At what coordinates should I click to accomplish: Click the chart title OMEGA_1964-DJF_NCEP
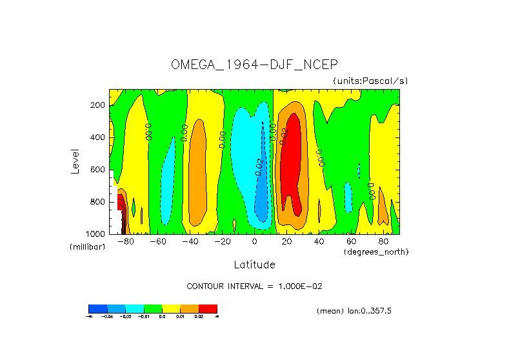pos(254,65)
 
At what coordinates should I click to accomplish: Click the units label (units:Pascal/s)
pos(370,81)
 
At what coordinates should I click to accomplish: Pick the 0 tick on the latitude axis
pos(255,241)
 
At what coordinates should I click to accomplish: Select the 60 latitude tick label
pos(352,241)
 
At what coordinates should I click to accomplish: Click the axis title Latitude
pos(254,265)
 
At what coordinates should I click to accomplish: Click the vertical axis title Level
pos(76,161)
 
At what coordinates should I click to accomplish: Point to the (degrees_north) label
pos(376,251)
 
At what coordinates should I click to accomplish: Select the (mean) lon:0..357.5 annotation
pos(354,310)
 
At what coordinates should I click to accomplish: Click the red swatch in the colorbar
pos(208,308)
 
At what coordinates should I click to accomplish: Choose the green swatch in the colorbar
pos(152,308)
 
